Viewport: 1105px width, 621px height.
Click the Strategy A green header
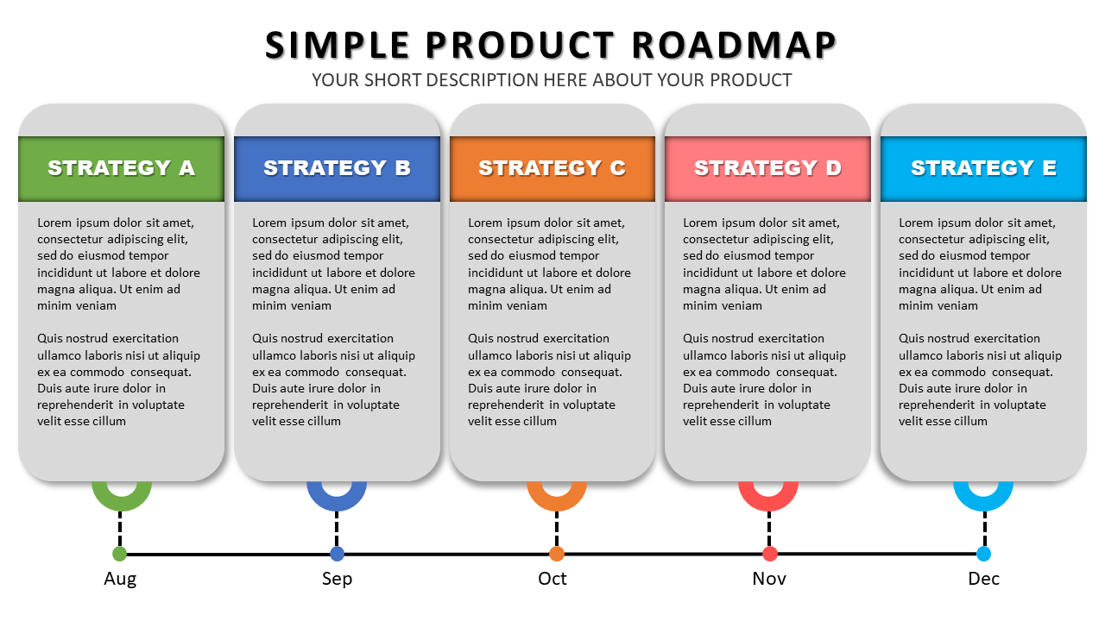(122, 168)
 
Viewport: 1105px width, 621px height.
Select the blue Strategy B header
(337, 168)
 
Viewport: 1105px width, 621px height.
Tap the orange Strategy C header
(552, 168)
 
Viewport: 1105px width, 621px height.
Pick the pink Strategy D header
(767, 168)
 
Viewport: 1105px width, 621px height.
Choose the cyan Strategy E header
(983, 168)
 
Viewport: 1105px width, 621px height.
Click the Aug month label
(120, 579)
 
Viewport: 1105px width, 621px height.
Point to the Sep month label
(337, 579)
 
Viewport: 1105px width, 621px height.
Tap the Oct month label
(552, 579)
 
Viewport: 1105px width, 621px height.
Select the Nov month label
(769, 579)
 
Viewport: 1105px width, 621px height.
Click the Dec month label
(983, 579)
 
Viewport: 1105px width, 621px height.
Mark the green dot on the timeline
(119, 554)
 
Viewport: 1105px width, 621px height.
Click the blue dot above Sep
(337, 554)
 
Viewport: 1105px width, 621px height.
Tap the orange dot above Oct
(557, 554)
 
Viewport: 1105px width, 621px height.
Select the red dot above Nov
(769, 554)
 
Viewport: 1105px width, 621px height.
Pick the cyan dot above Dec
(983, 554)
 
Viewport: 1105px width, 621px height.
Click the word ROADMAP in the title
(734, 46)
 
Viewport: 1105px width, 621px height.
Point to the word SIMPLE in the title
(337, 46)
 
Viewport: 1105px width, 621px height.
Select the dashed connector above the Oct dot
(557, 529)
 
